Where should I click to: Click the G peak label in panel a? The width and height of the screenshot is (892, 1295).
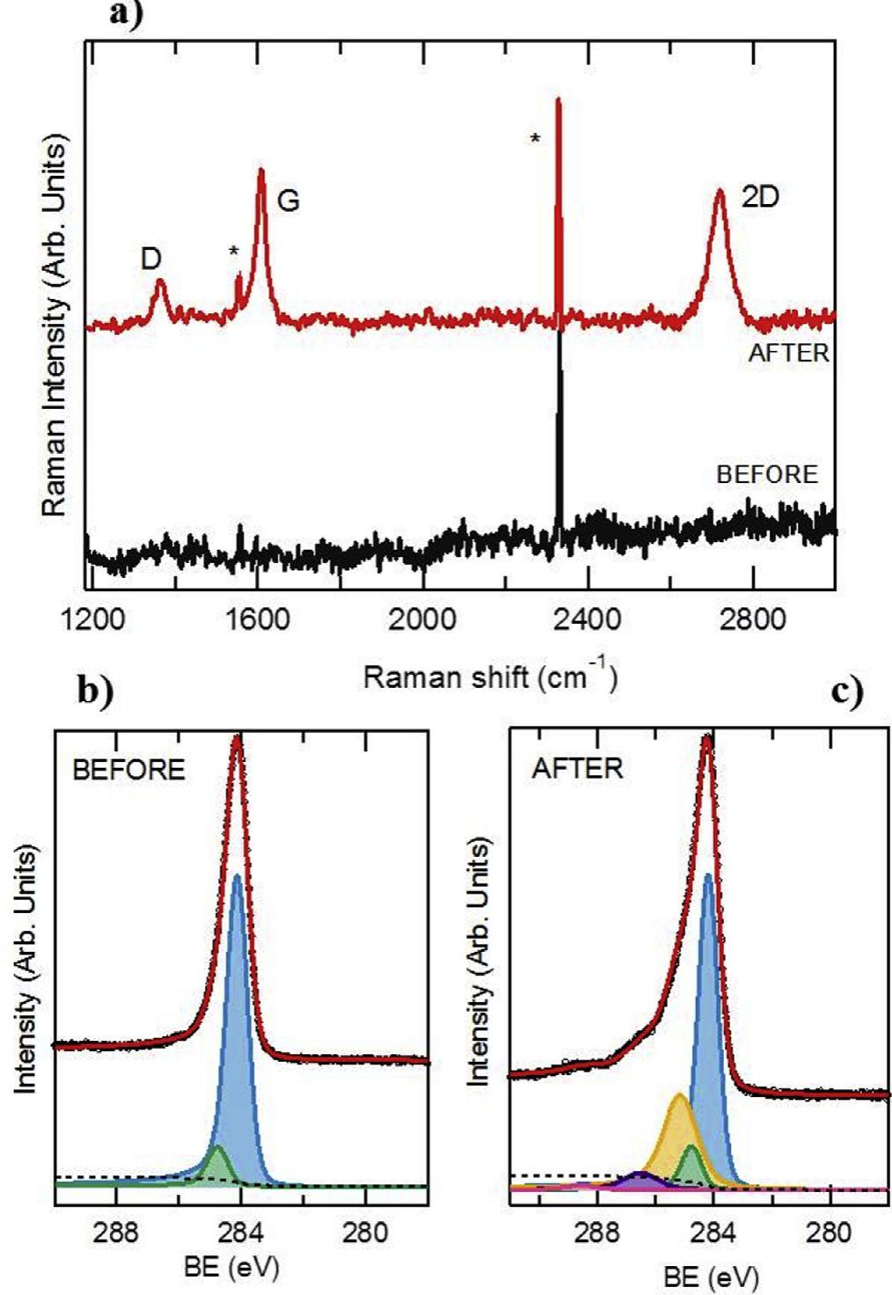(289, 201)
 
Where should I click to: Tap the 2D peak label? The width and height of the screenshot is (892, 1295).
(760, 197)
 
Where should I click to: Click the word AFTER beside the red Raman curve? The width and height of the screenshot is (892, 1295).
(788, 354)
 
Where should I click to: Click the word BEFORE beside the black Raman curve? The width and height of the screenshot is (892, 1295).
(767, 474)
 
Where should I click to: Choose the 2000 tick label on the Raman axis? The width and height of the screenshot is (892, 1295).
(424, 619)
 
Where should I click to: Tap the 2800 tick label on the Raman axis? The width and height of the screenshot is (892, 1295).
(753, 619)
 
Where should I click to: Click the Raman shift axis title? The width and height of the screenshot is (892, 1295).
(490, 677)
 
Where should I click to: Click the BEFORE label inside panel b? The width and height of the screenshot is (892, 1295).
(128, 770)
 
